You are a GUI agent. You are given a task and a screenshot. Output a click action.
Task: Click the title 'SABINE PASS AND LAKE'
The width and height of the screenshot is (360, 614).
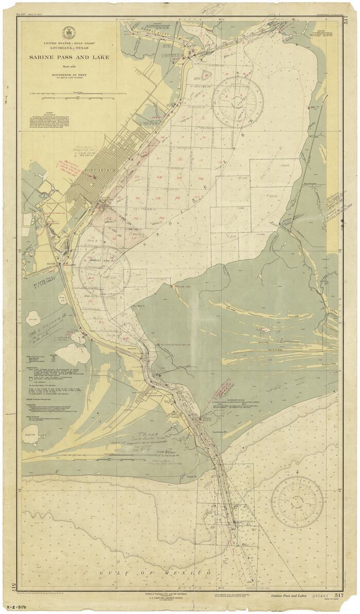coord(69,58)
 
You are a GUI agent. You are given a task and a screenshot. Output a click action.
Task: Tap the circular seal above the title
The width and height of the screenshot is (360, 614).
coord(69,32)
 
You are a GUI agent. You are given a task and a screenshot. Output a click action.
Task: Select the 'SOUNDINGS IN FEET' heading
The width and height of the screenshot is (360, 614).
coord(69,75)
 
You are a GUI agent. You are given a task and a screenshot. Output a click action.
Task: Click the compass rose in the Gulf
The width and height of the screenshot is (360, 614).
coord(297,501)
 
